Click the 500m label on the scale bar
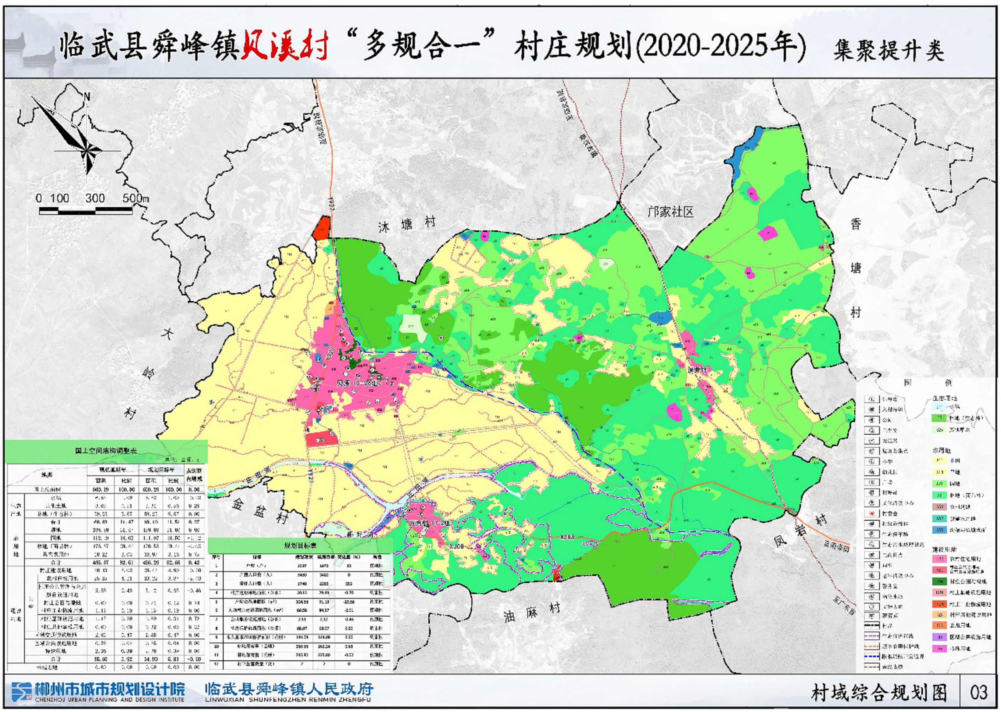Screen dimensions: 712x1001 tap(135, 198)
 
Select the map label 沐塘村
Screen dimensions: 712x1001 tap(407, 224)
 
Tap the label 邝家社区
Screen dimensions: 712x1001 tap(670, 212)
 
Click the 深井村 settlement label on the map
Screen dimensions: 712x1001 tap(697, 370)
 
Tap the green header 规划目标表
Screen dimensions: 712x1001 tap(300, 546)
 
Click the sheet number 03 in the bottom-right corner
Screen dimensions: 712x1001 tap(979, 693)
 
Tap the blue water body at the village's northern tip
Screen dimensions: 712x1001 tap(745, 151)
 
